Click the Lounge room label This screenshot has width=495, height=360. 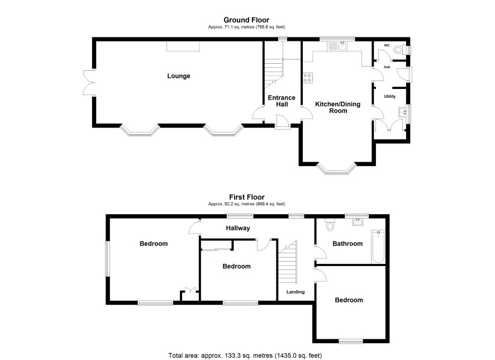pyautogui.click(x=179, y=76)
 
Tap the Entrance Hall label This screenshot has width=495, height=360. pyautogui.click(x=282, y=101)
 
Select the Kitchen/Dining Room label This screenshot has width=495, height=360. pyautogui.click(x=338, y=107)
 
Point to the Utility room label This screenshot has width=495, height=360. pyautogui.click(x=390, y=96)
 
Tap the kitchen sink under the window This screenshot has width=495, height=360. pyautogui.click(x=337, y=46)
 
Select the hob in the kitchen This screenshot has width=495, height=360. pyautogui.click(x=308, y=78)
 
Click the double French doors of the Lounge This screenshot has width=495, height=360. pyautogui.click(x=89, y=82)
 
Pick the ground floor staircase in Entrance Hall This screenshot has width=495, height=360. pyautogui.click(x=274, y=73)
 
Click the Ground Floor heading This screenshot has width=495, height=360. pyautogui.click(x=246, y=20)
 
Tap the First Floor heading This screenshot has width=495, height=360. pyautogui.click(x=246, y=197)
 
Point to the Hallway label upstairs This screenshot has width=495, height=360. pyautogui.click(x=237, y=228)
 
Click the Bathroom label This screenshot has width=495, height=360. pyautogui.click(x=348, y=244)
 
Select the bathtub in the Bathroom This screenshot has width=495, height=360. pyautogui.click(x=378, y=247)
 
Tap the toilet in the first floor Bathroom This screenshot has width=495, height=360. pyautogui.click(x=330, y=225)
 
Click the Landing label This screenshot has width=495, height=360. pyautogui.click(x=296, y=292)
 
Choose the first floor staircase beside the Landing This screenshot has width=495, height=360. pyautogui.click(x=288, y=262)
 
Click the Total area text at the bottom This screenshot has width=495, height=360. pyautogui.click(x=245, y=356)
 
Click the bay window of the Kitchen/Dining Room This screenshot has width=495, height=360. pyautogui.click(x=337, y=169)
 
